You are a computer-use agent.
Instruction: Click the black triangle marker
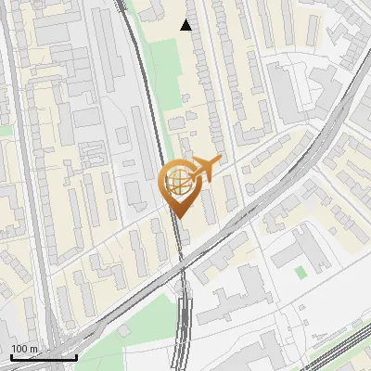[x=186, y=25]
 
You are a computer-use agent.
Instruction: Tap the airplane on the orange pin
[x=203, y=169]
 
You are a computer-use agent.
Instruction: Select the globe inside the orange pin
[x=178, y=183]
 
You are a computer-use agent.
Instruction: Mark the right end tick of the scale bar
[x=76, y=356]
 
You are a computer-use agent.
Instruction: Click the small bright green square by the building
[x=300, y=273]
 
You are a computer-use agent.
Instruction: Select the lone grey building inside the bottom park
[x=122, y=330]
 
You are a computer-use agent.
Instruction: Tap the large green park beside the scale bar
[x=139, y=325]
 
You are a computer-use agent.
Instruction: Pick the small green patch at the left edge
[x=5, y=131]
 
